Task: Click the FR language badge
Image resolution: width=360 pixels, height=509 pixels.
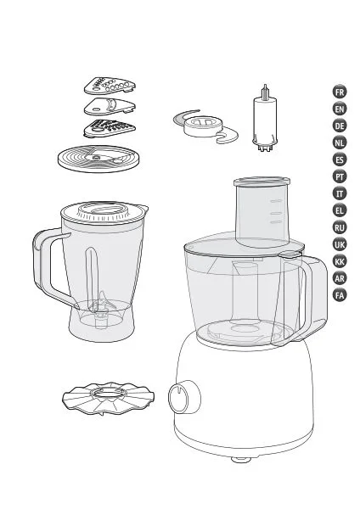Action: pos(340,92)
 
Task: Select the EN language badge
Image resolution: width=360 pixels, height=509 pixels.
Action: pos(340,109)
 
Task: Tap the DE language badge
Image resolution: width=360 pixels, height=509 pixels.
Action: pos(340,126)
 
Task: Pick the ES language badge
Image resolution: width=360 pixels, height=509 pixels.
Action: pos(340,159)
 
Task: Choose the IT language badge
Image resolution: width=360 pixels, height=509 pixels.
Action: pos(340,193)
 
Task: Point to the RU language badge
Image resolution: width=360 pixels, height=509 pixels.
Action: pos(340,227)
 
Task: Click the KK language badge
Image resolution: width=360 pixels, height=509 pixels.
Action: pos(340,261)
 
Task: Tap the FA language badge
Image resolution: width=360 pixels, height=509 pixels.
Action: pos(340,295)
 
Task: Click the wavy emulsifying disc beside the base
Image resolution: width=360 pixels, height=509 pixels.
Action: pos(108,399)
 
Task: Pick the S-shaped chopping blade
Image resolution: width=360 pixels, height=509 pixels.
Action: pos(205,127)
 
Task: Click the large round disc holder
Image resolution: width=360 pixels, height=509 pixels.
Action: pos(99,159)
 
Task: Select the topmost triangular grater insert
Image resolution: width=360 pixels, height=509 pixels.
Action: pos(110,86)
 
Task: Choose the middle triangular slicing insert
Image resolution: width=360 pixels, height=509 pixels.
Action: pos(110,106)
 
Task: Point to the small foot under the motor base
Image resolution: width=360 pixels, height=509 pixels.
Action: pos(241,459)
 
